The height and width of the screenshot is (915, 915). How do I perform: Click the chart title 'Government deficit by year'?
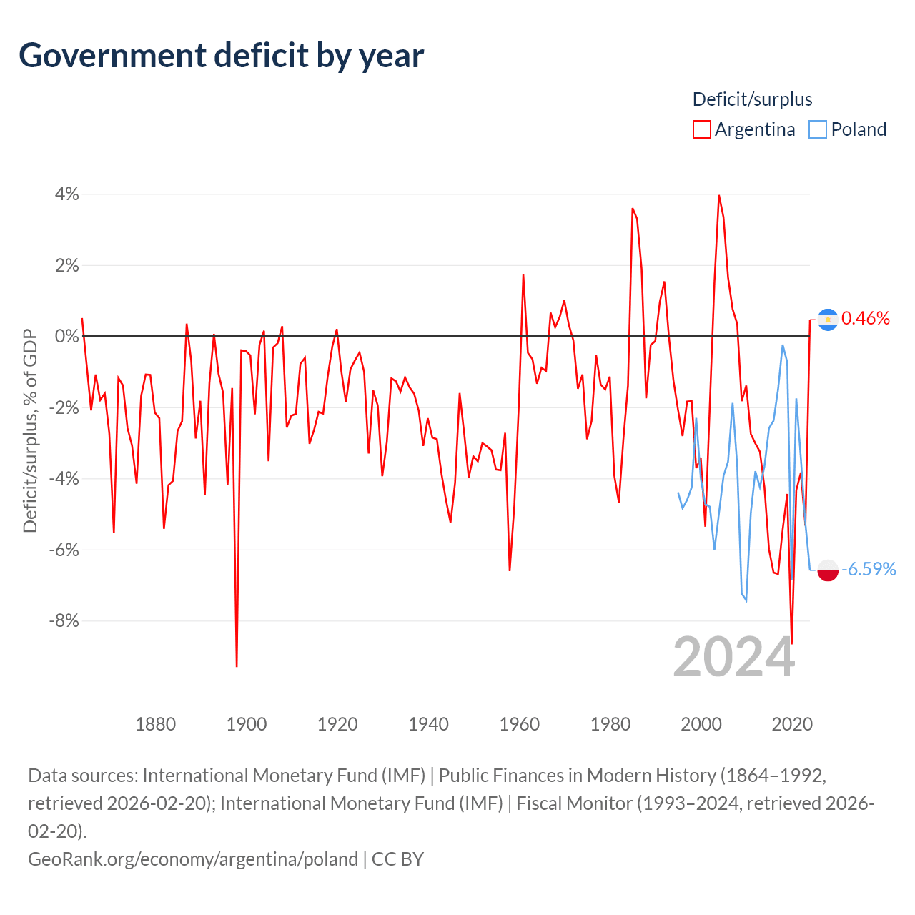(222, 56)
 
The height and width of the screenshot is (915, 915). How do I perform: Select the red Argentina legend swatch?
(702, 129)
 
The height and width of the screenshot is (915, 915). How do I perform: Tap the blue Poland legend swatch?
(818, 129)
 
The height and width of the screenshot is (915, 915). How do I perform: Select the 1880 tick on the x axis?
(155, 724)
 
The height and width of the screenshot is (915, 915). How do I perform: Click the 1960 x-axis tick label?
(520, 724)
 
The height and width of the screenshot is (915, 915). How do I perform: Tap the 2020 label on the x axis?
(792, 724)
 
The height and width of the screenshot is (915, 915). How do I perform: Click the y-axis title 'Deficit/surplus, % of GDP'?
(30, 430)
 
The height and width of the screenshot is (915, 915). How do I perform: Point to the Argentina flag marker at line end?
(828, 319)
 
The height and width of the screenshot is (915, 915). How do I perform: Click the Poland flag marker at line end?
(828, 570)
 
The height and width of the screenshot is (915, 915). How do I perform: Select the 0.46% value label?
(866, 319)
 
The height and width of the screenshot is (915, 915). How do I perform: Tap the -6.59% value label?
(869, 570)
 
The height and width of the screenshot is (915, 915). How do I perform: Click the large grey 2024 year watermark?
(733, 657)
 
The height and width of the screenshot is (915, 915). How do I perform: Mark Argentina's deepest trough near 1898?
(237, 666)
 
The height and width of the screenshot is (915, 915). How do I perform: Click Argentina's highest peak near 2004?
(718, 196)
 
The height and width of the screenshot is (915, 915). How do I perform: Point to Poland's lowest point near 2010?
(746, 600)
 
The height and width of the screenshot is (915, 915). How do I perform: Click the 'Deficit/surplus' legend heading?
(752, 99)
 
